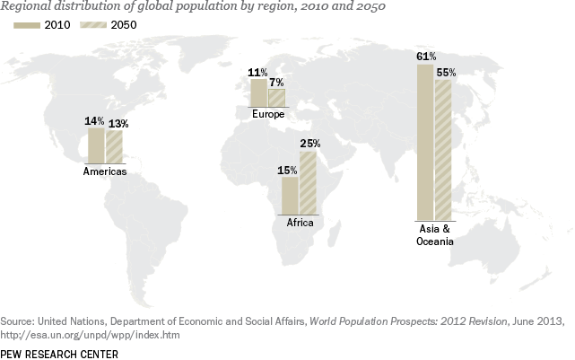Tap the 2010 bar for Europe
click(x=258, y=93)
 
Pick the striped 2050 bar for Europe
click(x=276, y=98)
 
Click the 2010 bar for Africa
click(x=290, y=196)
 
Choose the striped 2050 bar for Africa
click(x=308, y=183)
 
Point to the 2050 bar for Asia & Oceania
click(x=443, y=150)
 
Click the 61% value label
click(x=426, y=57)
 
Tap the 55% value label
click(x=447, y=73)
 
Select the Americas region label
click(x=105, y=171)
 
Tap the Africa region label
click(x=300, y=222)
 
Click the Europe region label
click(x=268, y=115)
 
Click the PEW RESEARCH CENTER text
click(x=59, y=353)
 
